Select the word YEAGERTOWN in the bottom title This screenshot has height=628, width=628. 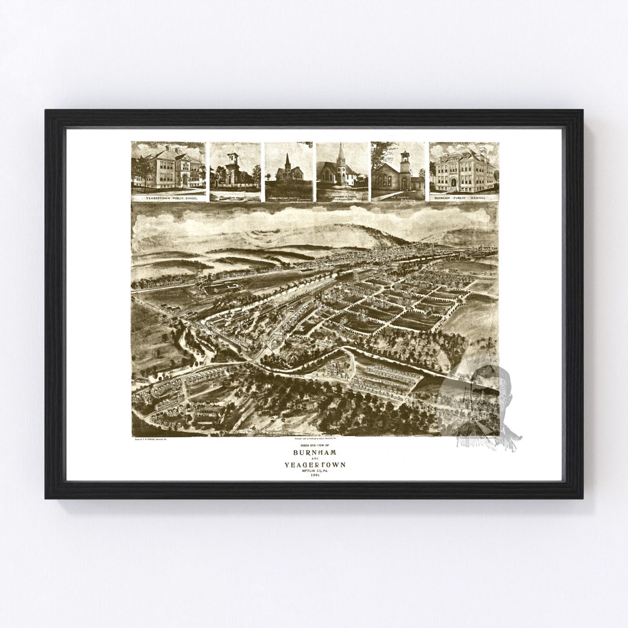pyautogui.click(x=315, y=465)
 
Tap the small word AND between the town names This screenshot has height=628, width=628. pyautogui.click(x=315, y=458)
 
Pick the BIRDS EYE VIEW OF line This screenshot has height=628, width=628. pyautogui.click(x=315, y=445)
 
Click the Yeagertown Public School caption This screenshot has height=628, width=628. pyautogui.click(x=168, y=198)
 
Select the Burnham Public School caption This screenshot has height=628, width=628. pyautogui.click(x=463, y=198)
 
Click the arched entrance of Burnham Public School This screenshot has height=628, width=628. pyautogui.click(x=454, y=183)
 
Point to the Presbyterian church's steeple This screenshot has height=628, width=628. pyautogui.click(x=287, y=159)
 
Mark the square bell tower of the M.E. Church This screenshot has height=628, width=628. pyautogui.click(x=405, y=165)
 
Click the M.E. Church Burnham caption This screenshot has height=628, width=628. pyautogui.click(x=398, y=198)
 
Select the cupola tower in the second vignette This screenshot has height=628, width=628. pyautogui.click(x=233, y=159)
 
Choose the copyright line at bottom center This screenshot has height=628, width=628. pyautogui.click(x=315, y=439)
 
